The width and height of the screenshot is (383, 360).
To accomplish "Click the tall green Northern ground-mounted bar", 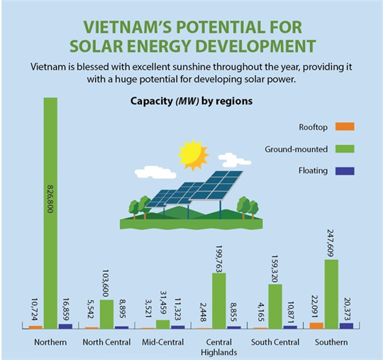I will tap(50, 213).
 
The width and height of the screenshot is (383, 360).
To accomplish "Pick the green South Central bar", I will tap(275, 306).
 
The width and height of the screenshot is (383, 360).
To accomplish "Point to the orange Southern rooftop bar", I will tap(316, 325).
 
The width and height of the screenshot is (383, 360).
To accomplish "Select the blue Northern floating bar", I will tap(65, 326).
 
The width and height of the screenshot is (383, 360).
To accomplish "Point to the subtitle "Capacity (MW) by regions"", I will tap(191, 101).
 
